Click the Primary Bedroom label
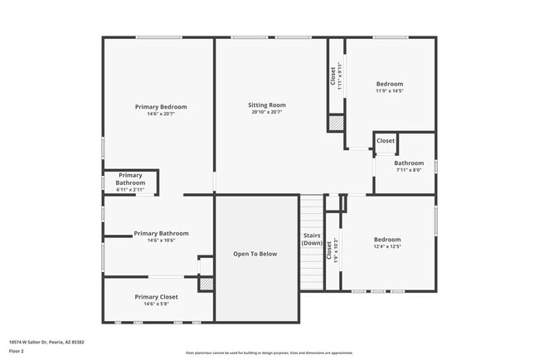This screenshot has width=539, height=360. (x=161, y=107)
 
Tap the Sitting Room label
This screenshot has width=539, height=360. (x=267, y=105)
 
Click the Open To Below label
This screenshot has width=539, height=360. (x=255, y=254)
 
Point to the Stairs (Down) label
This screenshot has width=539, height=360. (x=312, y=240)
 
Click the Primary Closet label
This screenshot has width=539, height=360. (x=156, y=296)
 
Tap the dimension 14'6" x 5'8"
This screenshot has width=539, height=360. (x=156, y=304)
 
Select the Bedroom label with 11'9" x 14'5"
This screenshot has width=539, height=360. (x=390, y=84)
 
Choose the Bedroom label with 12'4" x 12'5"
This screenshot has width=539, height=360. (x=387, y=240)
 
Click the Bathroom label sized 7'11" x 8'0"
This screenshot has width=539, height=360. (x=409, y=163)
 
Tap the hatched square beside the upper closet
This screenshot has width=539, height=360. (x=336, y=122)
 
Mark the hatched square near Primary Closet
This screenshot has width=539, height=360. (x=206, y=284)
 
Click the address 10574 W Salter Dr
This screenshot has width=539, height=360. (x=46, y=342)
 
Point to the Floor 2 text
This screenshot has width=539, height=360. (x=17, y=351)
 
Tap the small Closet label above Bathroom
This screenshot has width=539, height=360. (x=386, y=141)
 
